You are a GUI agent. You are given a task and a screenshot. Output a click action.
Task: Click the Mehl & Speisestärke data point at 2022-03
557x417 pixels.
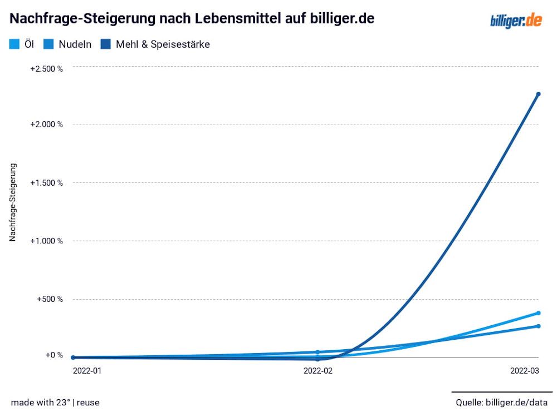point(538,94)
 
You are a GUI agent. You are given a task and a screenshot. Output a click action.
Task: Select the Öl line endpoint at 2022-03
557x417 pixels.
point(538,313)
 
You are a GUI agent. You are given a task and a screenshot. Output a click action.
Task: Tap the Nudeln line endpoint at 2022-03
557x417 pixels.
point(538,326)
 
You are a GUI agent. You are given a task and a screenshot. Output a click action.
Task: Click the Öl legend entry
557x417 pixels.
point(22,44)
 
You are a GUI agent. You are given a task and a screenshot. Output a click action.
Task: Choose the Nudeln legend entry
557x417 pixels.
point(68,44)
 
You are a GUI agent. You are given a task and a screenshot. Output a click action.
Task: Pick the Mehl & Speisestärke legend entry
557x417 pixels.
point(156,44)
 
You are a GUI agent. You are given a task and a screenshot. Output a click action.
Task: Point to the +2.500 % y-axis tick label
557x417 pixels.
point(46,68)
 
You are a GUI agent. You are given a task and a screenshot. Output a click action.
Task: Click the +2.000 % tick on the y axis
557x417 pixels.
point(46,124)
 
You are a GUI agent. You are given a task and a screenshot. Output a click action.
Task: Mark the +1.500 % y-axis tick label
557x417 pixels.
point(46,182)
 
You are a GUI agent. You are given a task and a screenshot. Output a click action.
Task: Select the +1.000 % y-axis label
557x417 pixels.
point(46,241)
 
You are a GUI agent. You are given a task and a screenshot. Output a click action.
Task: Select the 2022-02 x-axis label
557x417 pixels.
point(318,370)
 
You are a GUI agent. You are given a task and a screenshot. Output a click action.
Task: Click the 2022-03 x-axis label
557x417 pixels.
point(525,370)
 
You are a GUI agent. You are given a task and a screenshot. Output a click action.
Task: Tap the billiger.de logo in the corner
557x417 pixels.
point(516,21)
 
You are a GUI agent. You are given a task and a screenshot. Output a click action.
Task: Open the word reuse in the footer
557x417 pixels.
point(88,402)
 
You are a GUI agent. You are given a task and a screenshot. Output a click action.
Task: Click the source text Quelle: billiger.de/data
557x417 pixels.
point(501,402)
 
